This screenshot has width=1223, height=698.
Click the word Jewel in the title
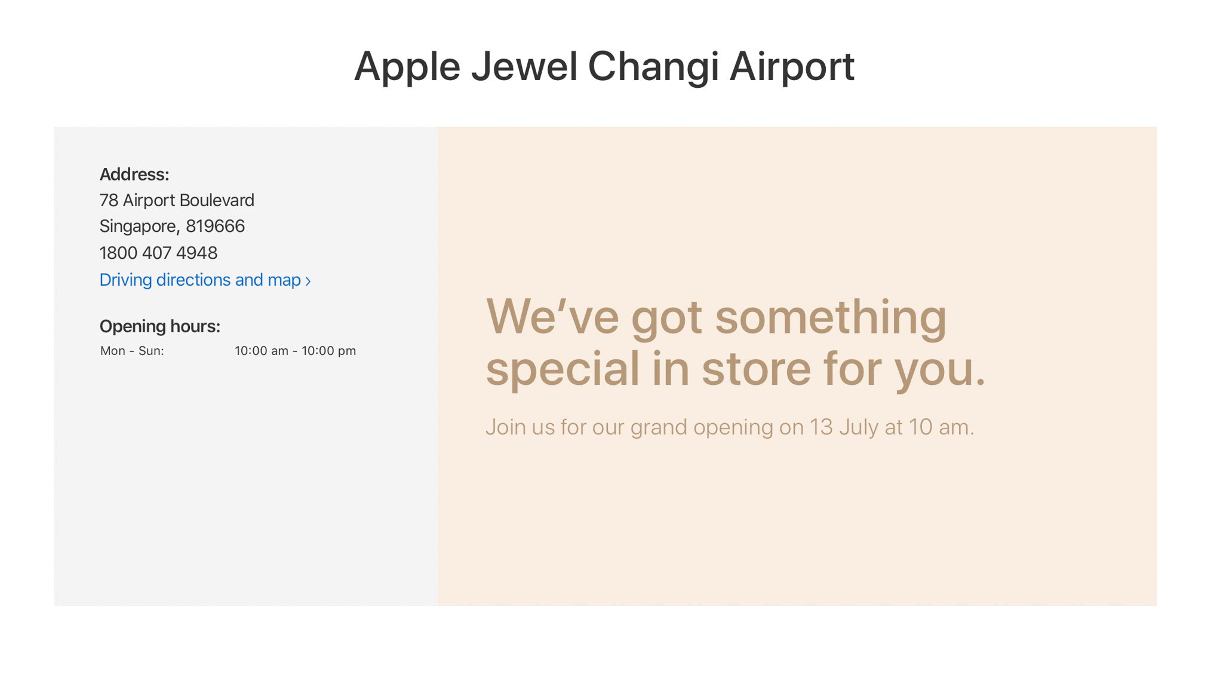click(524, 66)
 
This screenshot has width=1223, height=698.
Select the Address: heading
click(134, 174)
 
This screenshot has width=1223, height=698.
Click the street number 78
click(109, 200)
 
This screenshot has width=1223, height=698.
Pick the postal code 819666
click(215, 226)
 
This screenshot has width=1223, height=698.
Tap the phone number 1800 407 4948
click(158, 253)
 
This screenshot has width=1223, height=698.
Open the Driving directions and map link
click(200, 280)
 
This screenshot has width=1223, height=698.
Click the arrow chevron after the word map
click(308, 281)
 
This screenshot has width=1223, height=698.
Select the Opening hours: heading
click(159, 326)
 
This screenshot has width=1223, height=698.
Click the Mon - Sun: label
click(132, 351)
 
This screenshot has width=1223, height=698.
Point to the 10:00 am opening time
click(261, 351)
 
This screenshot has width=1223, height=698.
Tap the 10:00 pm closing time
click(328, 351)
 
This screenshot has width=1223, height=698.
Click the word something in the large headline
click(831, 318)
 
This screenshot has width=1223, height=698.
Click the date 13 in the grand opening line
click(821, 427)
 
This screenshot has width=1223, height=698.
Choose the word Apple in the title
click(407, 68)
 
